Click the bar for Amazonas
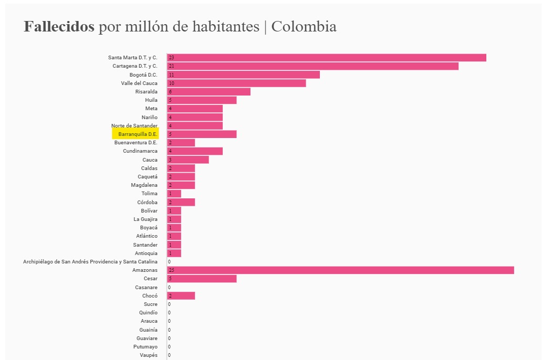pyautogui.click(x=340, y=270)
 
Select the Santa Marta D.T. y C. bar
pyautogui.click(x=326, y=57)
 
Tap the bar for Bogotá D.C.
pyautogui.click(x=243, y=75)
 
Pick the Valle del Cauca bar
pyautogui.click(x=236, y=83)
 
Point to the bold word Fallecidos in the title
pyautogui.click(x=59, y=27)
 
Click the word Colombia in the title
pyautogui.click(x=304, y=27)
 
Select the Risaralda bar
pyautogui.click(x=209, y=91)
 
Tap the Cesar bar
pyautogui.click(x=202, y=278)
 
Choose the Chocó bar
pyautogui.click(x=181, y=295)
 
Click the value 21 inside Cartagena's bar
pyautogui.click(x=171, y=66)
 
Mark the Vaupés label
pyautogui.click(x=149, y=355)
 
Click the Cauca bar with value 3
pyautogui.click(x=187, y=160)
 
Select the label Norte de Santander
pyautogui.click(x=134, y=125)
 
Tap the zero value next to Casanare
pyautogui.click(x=169, y=287)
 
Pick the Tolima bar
pyautogui.click(x=174, y=194)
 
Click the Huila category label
pyautogui.click(x=151, y=100)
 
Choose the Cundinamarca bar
pyautogui.click(x=195, y=151)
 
